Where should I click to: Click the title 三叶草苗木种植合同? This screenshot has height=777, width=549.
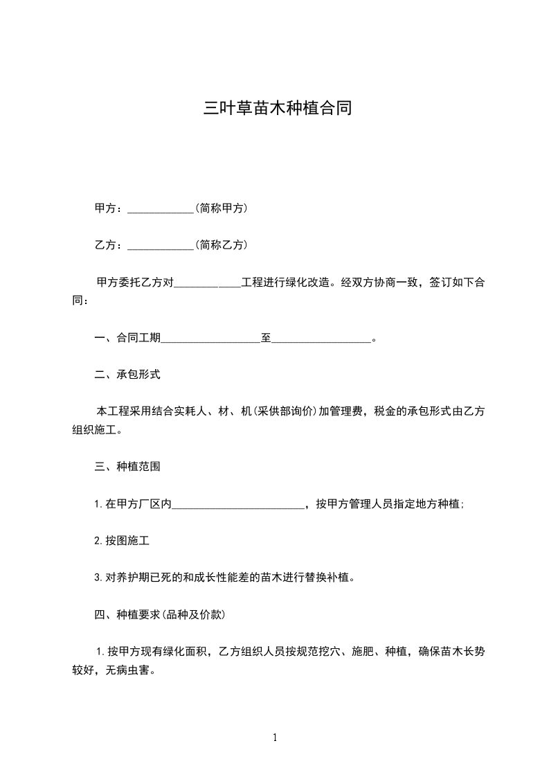pyautogui.click(x=277, y=108)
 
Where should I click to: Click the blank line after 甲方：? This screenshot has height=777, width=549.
pyautogui.click(x=161, y=208)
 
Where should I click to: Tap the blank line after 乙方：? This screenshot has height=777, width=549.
pyautogui.click(x=161, y=246)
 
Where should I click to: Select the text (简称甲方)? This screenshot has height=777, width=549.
pyautogui.click(x=222, y=208)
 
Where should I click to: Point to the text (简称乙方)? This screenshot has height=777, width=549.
pyautogui.click(x=222, y=245)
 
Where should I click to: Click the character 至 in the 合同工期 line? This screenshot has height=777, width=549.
pyautogui.click(x=266, y=339)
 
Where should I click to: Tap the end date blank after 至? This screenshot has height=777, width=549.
pyautogui.click(x=321, y=339)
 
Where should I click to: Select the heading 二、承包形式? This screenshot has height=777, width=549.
pyautogui.click(x=127, y=375)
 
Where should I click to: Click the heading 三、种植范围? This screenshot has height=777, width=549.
pyautogui.click(x=127, y=467)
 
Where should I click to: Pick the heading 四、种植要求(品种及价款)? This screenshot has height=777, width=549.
pyautogui.click(x=159, y=614)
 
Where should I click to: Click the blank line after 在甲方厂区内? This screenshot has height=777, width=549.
pyautogui.click(x=238, y=505)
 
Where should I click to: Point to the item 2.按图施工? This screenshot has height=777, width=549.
pyautogui.click(x=122, y=541)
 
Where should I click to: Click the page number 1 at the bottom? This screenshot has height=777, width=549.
pyautogui.click(x=275, y=738)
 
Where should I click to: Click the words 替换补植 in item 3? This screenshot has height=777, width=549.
pyautogui.click(x=328, y=578)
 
